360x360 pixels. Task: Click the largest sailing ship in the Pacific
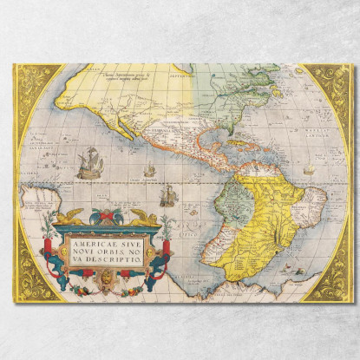tap(89, 162)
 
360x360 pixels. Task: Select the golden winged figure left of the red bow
tap(72, 216)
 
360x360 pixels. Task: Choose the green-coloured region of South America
tap(228, 208)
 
